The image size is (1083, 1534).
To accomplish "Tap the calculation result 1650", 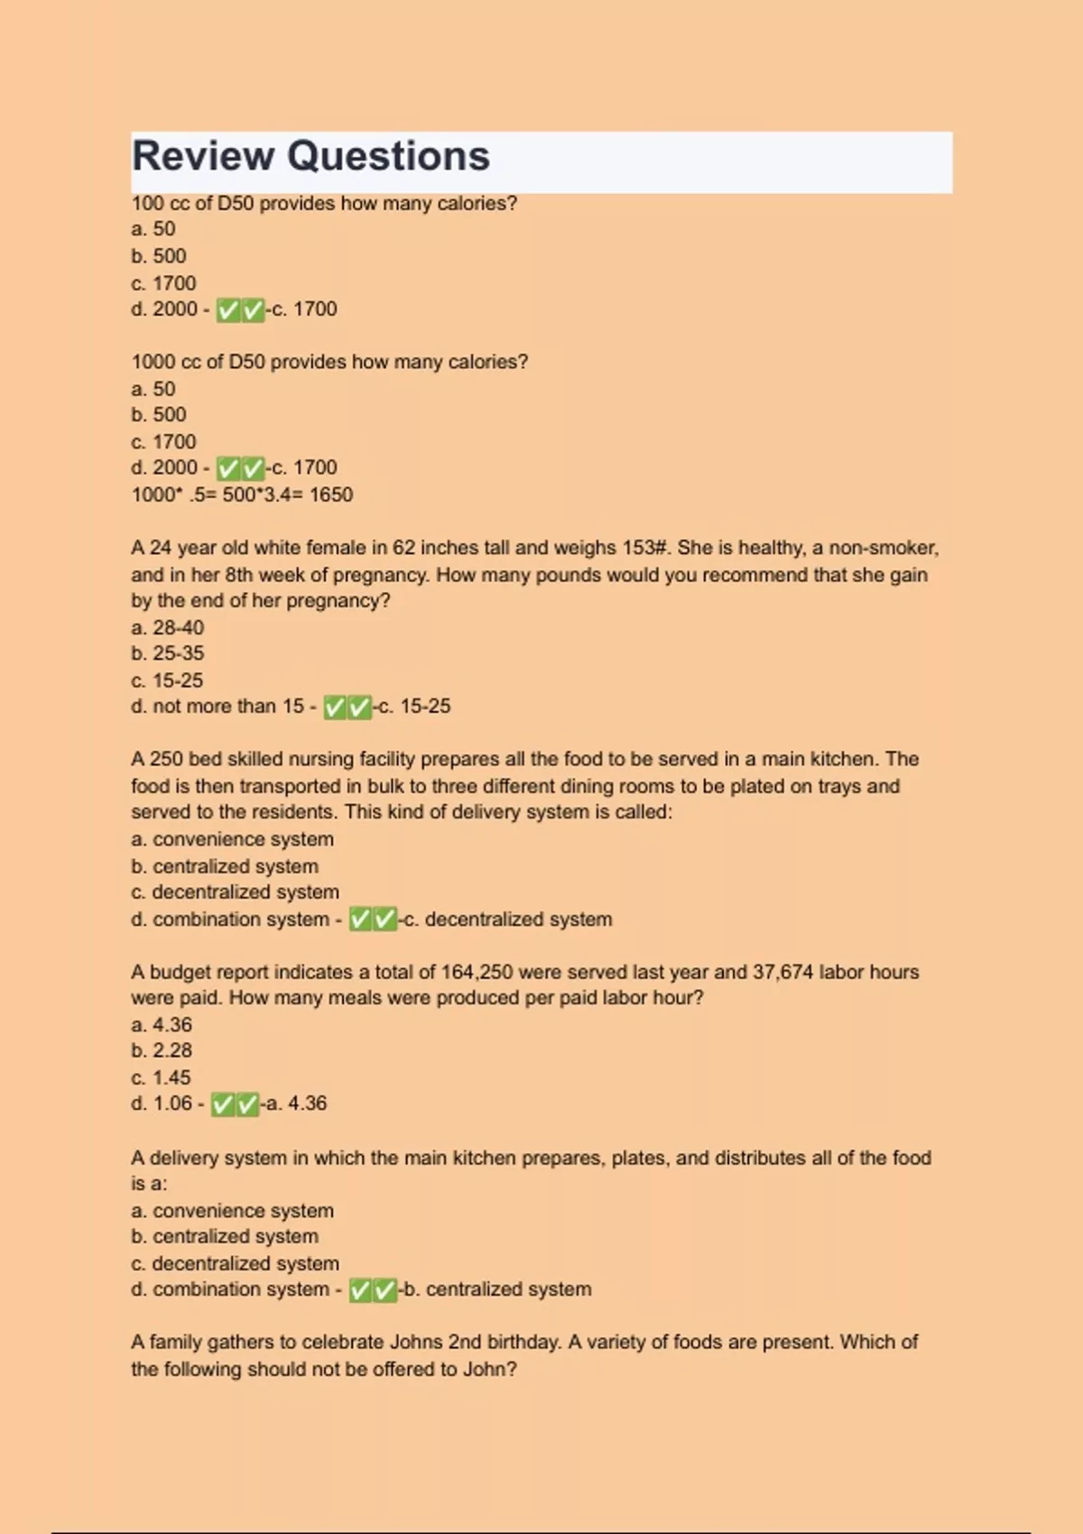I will (x=331, y=494).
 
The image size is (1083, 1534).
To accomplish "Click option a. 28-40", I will (x=168, y=627).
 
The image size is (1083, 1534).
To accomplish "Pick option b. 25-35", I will (x=168, y=653).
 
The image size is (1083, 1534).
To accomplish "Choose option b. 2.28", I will (x=162, y=1050).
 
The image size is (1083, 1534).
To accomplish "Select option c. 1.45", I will (x=162, y=1077).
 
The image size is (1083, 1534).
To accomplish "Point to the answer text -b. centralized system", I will (x=495, y=1289).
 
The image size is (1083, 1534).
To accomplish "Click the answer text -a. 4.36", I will (x=294, y=1104).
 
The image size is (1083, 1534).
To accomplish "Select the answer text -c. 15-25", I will (x=412, y=707).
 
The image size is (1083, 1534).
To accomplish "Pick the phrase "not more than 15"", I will (x=228, y=707).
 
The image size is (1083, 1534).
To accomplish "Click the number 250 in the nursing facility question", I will (x=166, y=759).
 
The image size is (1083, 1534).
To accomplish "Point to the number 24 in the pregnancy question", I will (x=161, y=548).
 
